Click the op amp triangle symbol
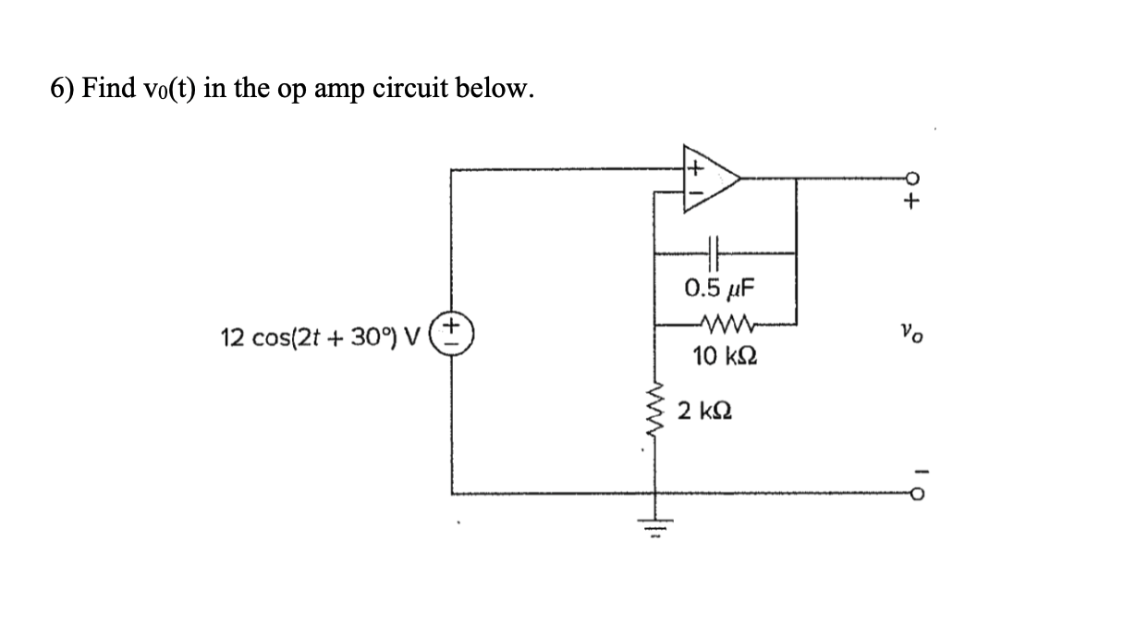click(710, 179)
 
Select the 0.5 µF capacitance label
click(719, 287)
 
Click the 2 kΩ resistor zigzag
click(657, 412)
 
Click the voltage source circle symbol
click(452, 331)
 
